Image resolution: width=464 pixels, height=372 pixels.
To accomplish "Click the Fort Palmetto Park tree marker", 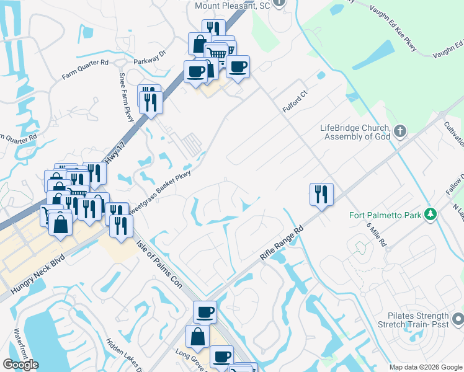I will click(430, 215).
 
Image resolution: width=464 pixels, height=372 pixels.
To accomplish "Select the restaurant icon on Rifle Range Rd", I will click(321, 194).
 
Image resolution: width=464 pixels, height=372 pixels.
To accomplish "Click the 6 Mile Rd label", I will click(376, 235).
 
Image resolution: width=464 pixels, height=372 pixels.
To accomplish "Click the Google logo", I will click(20, 365).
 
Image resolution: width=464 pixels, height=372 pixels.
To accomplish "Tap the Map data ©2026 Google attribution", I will click(426, 367).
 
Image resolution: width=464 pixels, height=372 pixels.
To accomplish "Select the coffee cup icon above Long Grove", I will click(204, 312).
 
